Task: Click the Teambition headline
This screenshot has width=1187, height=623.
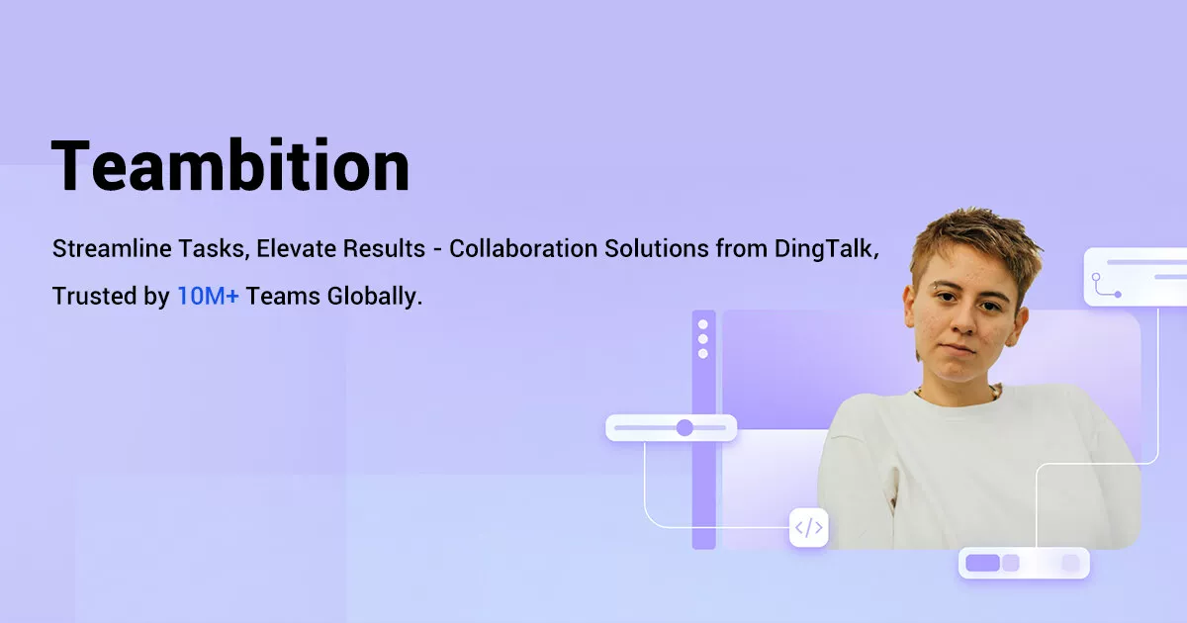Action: pyautogui.click(x=230, y=165)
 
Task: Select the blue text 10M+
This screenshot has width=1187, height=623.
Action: pyautogui.click(x=208, y=296)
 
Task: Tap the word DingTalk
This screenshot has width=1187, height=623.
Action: pyautogui.click(x=828, y=248)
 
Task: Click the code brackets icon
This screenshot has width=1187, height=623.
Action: pyautogui.click(x=808, y=527)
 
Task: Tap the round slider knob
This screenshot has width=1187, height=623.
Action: pyautogui.click(x=685, y=427)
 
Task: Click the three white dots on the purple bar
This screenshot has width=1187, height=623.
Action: pyautogui.click(x=703, y=338)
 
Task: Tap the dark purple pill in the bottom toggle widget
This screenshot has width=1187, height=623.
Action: pyautogui.click(x=982, y=563)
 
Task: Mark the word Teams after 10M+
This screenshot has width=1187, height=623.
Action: pyautogui.click(x=274, y=296)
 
